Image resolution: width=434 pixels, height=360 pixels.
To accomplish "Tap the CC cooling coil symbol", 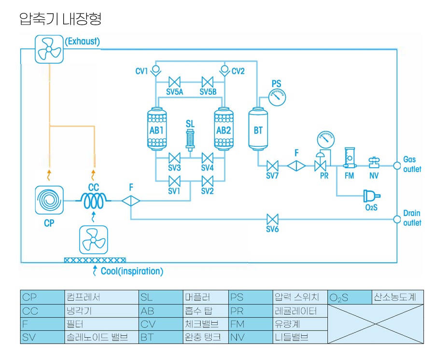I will (x=93, y=200).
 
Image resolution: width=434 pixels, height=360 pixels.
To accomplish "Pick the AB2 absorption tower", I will (x=224, y=129).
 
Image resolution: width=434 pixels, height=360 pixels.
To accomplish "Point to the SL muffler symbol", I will (x=190, y=140).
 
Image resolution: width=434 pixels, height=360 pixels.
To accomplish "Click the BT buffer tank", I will (x=258, y=130).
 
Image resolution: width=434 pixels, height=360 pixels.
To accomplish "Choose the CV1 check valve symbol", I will (x=155, y=71).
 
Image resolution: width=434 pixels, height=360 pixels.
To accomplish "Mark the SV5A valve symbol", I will (x=174, y=82).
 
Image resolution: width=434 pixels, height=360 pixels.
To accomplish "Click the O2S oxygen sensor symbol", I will (x=370, y=196).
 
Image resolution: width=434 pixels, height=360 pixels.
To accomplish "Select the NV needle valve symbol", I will (x=374, y=161).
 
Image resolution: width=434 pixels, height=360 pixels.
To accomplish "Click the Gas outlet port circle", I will (x=396, y=165).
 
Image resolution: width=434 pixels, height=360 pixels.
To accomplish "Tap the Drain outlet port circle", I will (x=396, y=219).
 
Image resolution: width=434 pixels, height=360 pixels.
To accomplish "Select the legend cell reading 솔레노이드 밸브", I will (x=97, y=337).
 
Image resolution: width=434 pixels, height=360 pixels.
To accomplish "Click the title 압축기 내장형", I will (x=60, y=19).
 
